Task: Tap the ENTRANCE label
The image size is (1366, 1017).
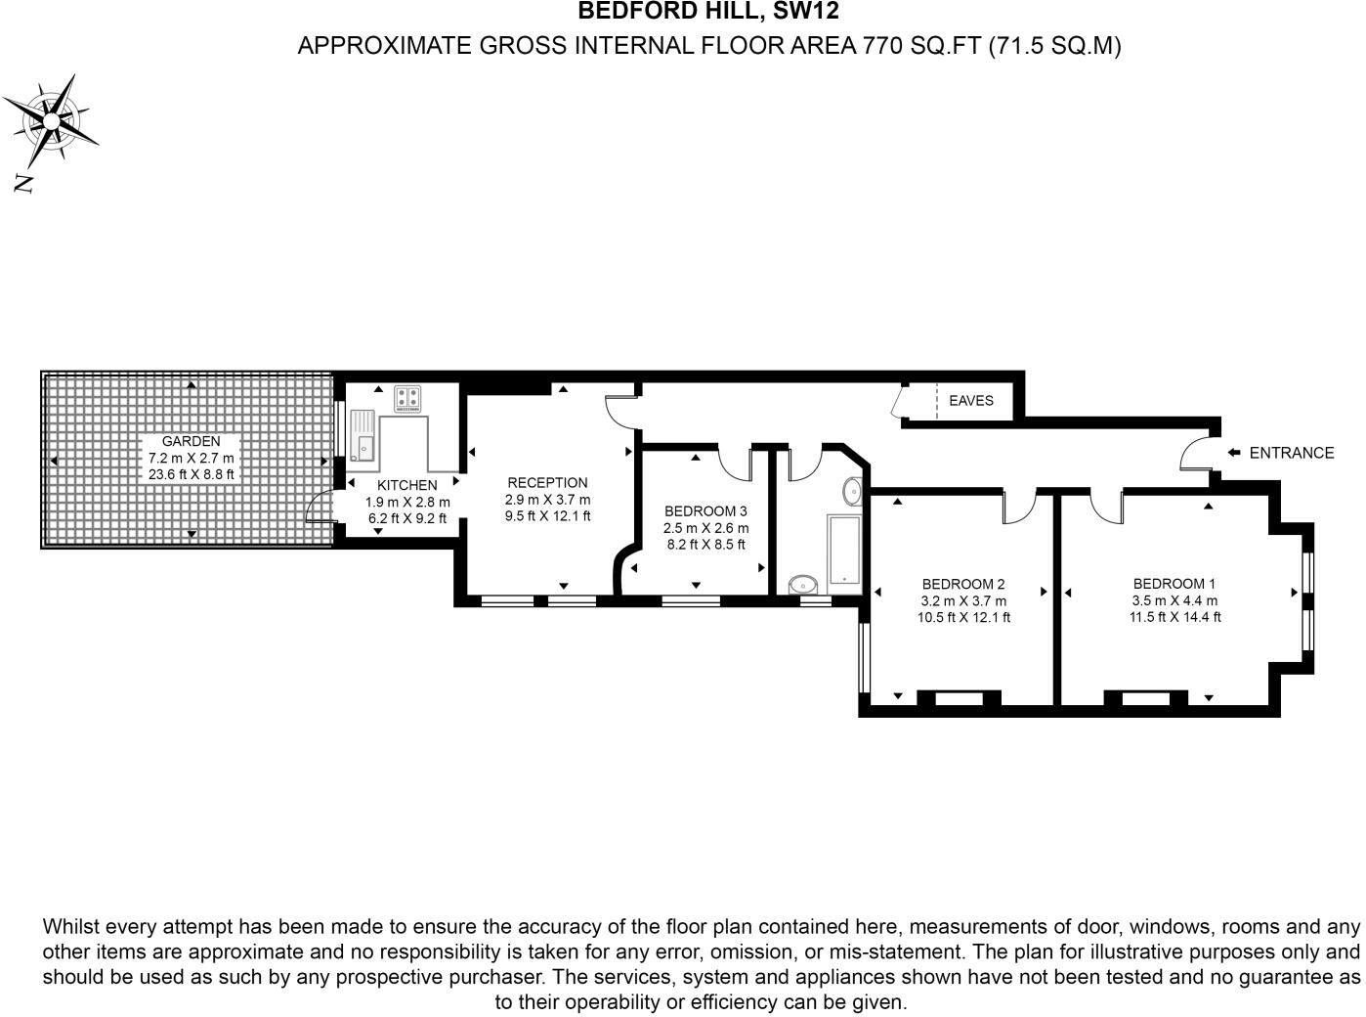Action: point(1291,453)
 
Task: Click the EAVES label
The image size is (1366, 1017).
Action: point(970,401)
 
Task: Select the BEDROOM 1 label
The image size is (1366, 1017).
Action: point(1174,584)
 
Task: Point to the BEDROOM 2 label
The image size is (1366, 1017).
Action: point(963,585)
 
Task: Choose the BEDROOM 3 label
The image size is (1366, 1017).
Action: point(705,511)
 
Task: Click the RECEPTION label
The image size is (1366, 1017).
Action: point(547,482)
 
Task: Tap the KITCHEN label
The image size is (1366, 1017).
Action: point(407,485)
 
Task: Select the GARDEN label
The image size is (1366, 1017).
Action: point(192,441)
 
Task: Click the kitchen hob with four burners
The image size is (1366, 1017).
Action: point(407,399)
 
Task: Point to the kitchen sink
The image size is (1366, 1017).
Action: point(363,436)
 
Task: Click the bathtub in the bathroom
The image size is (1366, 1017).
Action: point(843,552)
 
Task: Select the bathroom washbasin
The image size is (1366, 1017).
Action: point(852,491)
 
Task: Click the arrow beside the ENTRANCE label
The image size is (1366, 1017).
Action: point(1234,453)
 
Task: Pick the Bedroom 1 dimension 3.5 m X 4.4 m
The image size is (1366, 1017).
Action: point(1174,600)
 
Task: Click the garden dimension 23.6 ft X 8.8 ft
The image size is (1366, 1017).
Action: point(192,474)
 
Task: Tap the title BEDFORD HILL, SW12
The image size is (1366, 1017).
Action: point(708,12)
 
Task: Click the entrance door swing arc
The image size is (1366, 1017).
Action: point(1194,453)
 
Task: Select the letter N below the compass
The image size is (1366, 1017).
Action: point(23,183)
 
